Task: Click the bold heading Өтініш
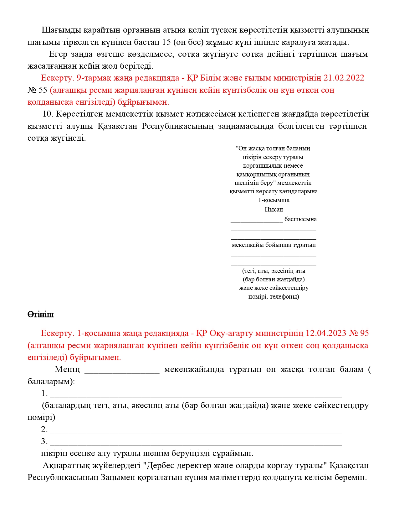40,315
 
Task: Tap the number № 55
37,90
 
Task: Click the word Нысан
274,209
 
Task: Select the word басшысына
300,219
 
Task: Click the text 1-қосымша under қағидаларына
274,200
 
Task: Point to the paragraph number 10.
48,114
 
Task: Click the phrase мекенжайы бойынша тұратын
274,245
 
